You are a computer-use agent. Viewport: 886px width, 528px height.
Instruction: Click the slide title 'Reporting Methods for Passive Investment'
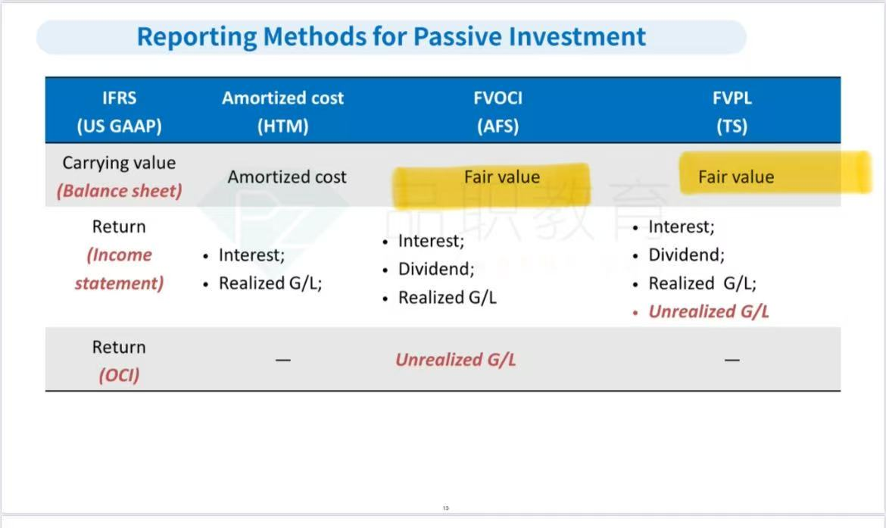[x=391, y=37]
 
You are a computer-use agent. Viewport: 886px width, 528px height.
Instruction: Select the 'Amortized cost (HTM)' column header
[x=282, y=111]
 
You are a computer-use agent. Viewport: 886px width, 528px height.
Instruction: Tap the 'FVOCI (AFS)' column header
[x=498, y=111]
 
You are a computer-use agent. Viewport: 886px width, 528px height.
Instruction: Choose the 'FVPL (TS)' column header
[x=732, y=111]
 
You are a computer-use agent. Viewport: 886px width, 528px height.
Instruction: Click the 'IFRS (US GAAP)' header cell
[x=119, y=111]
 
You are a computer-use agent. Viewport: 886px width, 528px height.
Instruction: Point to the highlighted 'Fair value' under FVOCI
[x=502, y=177]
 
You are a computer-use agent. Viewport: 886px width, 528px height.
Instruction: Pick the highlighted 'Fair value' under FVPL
[x=736, y=177]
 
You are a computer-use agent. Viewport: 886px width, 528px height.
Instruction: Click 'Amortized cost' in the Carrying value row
[x=287, y=177]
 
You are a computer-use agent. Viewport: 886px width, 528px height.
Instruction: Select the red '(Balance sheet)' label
[x=119, y=191]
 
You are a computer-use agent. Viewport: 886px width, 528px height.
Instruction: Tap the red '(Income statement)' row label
[x=119, y=269]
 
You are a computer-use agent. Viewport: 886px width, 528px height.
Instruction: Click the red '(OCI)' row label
[x=119, y=375]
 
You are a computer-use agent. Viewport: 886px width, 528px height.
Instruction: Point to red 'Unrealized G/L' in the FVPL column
[x=709, y=311]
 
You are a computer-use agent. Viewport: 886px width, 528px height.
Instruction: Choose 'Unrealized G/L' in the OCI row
[x=455, y=360]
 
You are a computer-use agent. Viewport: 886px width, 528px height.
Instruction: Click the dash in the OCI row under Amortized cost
[x=283, y=360]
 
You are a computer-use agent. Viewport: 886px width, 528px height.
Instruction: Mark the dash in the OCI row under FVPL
[x=732, y=360]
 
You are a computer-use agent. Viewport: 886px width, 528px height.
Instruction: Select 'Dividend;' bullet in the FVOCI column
[x=436, y=269]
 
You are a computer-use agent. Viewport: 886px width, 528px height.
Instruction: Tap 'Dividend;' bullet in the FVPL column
[x=687, y=255]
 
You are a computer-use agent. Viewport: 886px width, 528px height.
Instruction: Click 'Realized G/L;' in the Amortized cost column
[x=270, y=283]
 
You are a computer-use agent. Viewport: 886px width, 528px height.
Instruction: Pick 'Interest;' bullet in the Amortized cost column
[x=251, y=255]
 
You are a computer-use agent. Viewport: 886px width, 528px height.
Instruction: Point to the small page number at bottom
[x=446, y=508]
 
